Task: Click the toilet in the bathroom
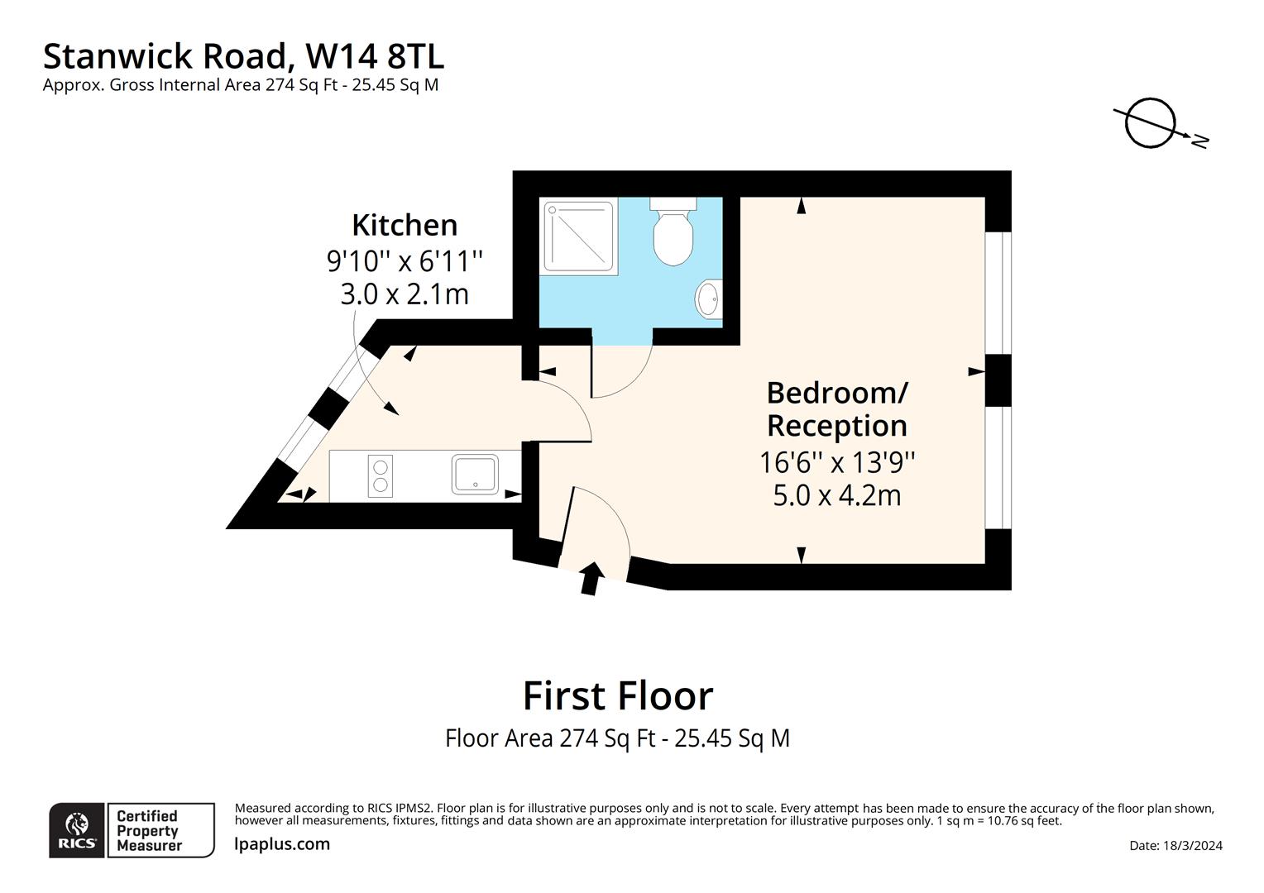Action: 673,234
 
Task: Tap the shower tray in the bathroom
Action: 580,236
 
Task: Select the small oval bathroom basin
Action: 708,298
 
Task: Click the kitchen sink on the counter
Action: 476,474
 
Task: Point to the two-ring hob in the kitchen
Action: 381,475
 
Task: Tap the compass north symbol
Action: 1151,124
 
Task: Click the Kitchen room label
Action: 404,225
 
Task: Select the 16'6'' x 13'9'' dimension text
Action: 836,461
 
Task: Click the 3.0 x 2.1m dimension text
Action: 404,294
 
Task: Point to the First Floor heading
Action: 617,695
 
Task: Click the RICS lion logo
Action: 77,829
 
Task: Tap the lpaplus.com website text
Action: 282,844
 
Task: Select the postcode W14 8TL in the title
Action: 374,56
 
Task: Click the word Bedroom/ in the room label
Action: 836,392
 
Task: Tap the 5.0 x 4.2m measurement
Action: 836,495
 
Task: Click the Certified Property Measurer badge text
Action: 149,831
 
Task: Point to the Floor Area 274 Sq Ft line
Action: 617,738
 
